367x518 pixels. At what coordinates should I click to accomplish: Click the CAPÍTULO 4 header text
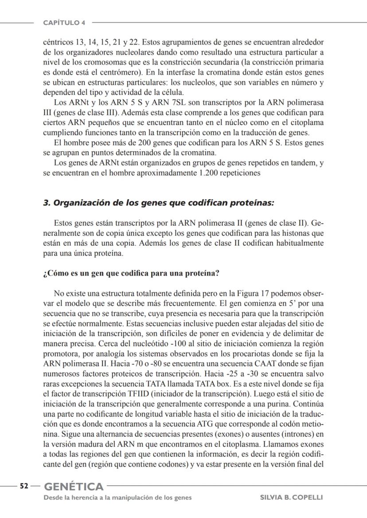64,23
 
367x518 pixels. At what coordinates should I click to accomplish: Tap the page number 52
24,486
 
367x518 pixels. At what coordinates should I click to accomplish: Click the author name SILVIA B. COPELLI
291,498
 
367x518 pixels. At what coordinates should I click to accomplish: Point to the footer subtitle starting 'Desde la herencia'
117,498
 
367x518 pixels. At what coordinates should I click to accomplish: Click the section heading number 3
46,203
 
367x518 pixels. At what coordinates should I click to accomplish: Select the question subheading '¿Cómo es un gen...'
131,273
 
